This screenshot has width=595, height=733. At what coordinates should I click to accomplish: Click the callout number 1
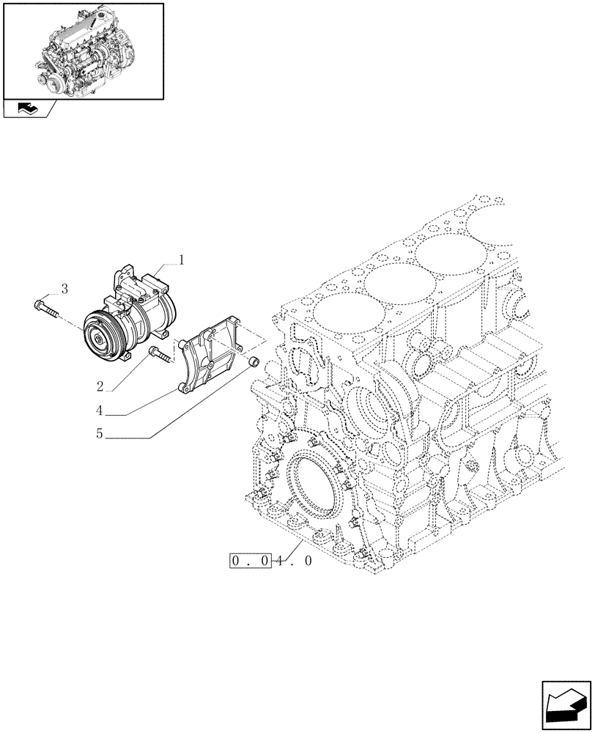[182, 259]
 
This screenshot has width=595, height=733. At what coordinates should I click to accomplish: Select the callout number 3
[64, 289]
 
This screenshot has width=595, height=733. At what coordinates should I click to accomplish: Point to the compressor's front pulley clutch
[100, 334]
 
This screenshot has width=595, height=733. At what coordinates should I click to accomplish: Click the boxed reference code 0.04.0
[271, 561]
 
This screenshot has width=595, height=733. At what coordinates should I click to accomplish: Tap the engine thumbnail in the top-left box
[83, 50]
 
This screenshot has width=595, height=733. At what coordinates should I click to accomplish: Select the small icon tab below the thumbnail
[29, 109]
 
